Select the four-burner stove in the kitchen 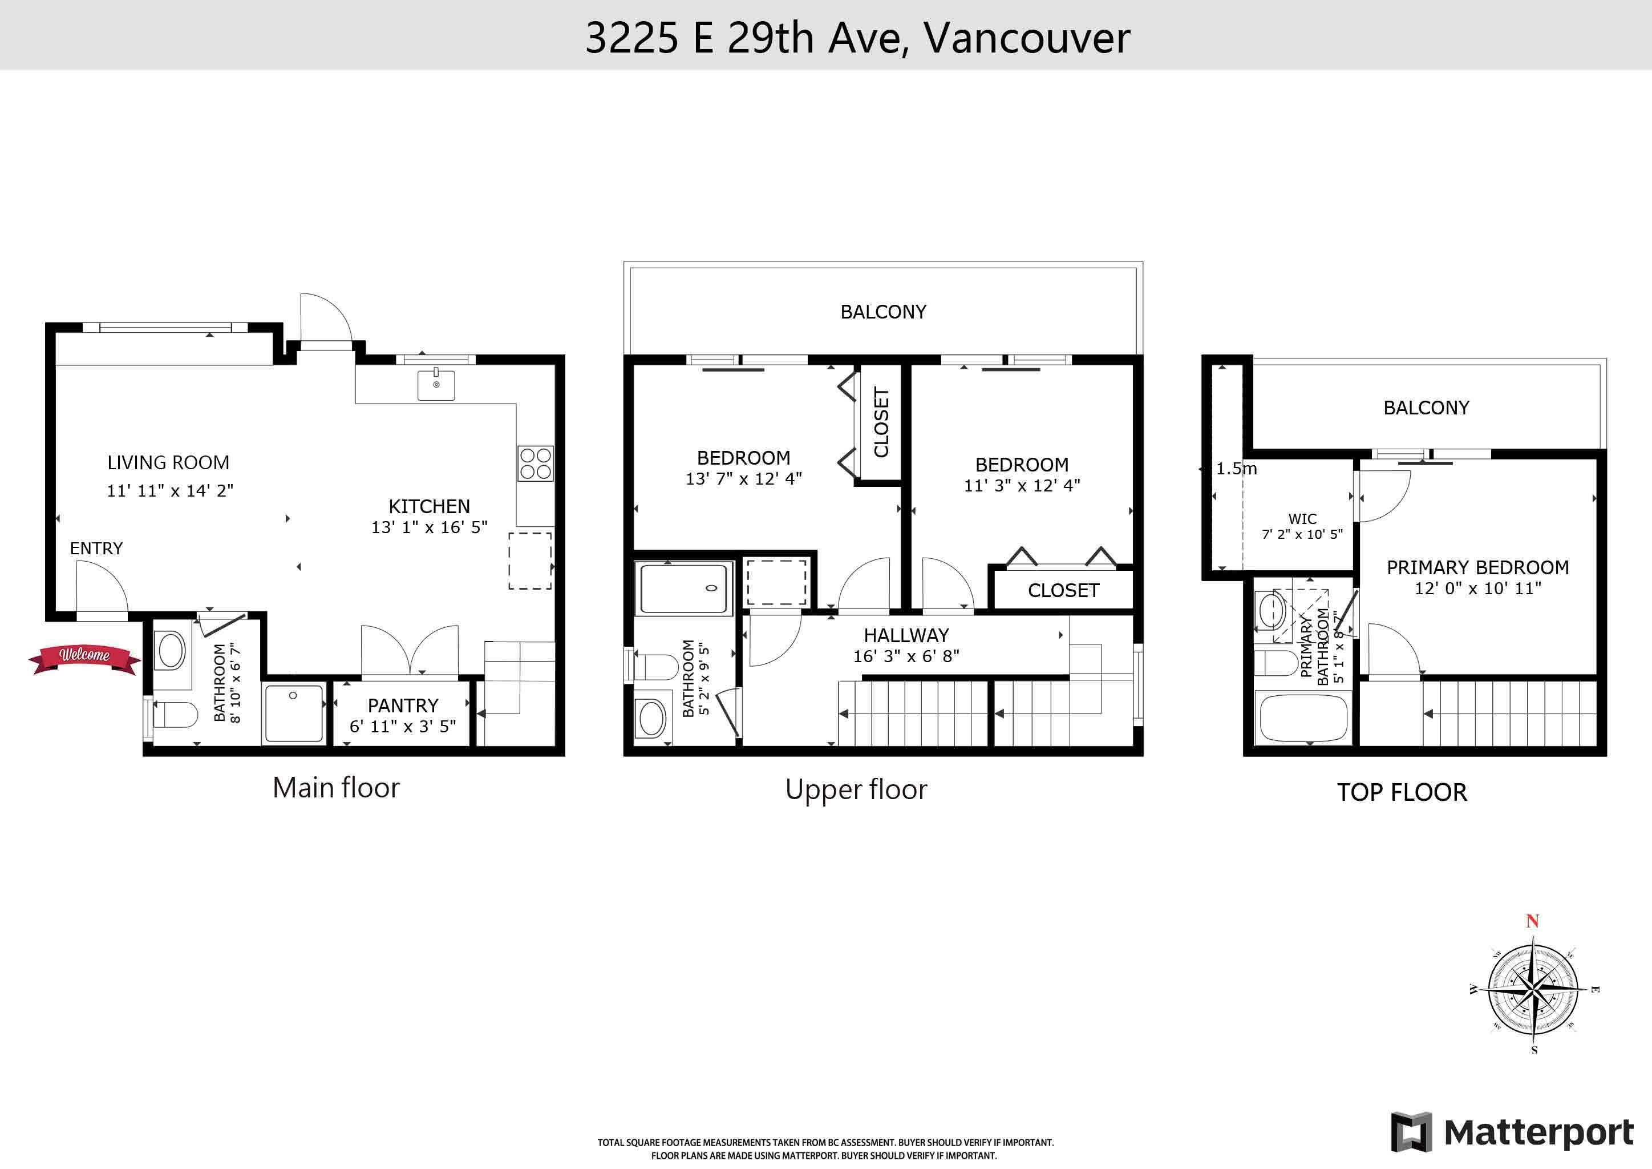[x=535, y=463]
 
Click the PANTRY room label [x=403, y=706]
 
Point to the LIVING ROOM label [x=168, y=462]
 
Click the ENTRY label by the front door [x=96, y=549]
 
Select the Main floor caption [x=336, y=788]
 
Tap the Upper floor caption [x=856, y=789]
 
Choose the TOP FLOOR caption [x=1402, y=792]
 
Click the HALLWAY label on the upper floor [x=906, y=636]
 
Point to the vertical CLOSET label [x=881, y=422]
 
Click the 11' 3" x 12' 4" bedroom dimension [x=1022, y=486]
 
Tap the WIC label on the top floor [x=1302, y=519]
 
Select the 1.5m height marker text [x=1236, y=469]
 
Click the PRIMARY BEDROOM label [x=1478, y=567]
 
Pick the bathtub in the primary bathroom [x=1302, y=717]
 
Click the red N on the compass [x=1533, y=921]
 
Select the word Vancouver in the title [x=1027, y=38]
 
